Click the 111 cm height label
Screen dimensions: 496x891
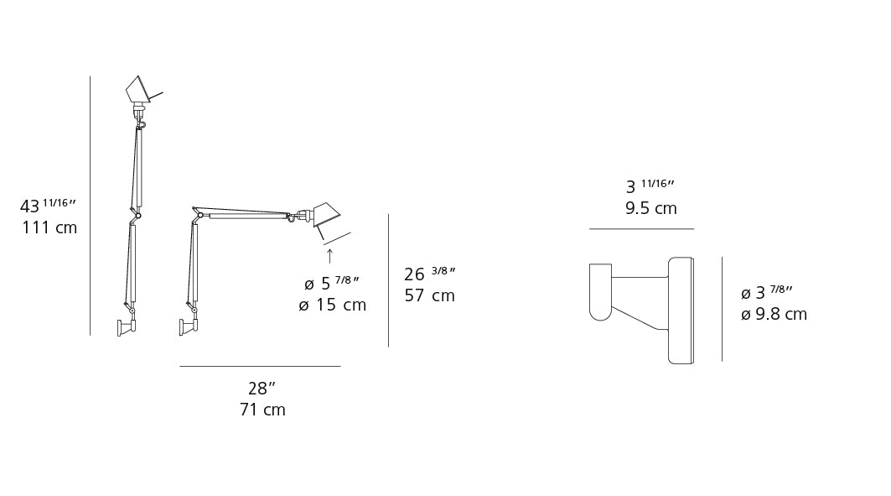pyautogui.click(x=49, y=228)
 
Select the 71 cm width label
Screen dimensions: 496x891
pyautogui.click(x=262, y=410)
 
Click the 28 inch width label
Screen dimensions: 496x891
pyautogui.click(x=262, y=389)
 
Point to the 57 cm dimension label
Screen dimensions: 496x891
pyautogui.click(x=429, y=296)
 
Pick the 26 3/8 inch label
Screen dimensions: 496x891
pyautogui.click(x=429, y=274)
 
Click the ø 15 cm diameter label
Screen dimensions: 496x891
pyautogui.click(x=333, y=305)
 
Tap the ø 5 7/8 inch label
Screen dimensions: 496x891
pyautogui.click(x=333, y=284)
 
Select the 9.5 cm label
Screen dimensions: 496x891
pyautogui.click(x=650, y=209)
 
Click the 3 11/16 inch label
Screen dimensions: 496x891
pyautogui.click(x=650, y=186)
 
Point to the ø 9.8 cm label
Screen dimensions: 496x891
pyautogui.click(x=774, y=315)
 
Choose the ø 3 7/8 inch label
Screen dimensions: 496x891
pyautogui.click(x=767, y=293)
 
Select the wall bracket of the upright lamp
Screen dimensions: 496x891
pyautogui.click(x=126, y=326)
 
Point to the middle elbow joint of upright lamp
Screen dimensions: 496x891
pyautogui.click(x=137, y=216)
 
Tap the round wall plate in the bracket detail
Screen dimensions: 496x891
pyautogui.click(x=681, y=311)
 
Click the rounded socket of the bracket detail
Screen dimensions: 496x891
pyautogui.click(x=600, y=292)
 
